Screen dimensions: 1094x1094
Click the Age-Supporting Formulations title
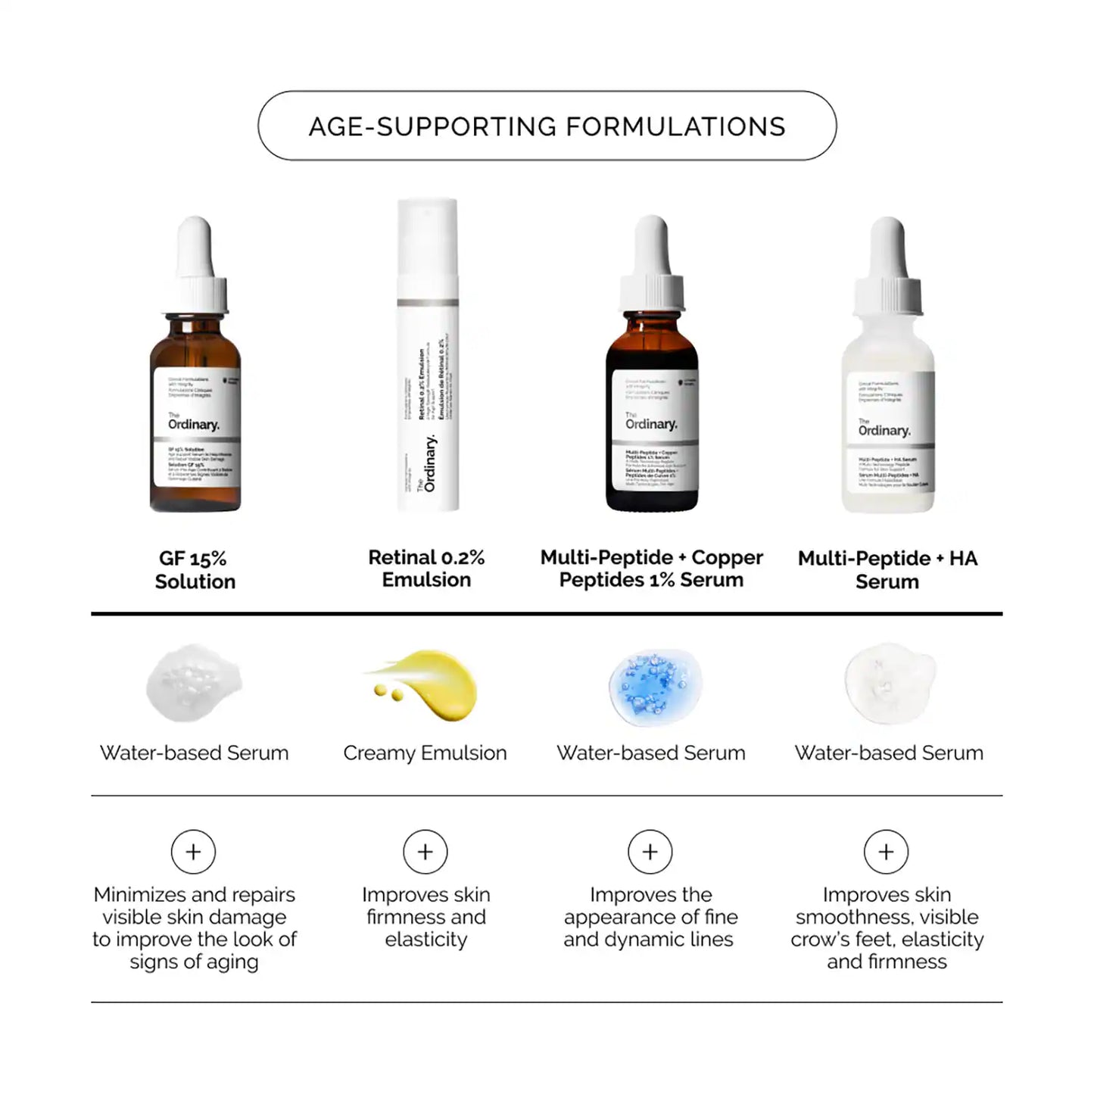coord(547,126)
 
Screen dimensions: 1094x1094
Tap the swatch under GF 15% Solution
coord(194,683)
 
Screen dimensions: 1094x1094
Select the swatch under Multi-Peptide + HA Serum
coord(889,683)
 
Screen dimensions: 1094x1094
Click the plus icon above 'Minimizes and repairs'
coord(194,852)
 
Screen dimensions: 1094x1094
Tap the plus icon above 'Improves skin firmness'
coord(425,852)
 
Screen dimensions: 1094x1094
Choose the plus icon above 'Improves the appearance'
coord(650,852)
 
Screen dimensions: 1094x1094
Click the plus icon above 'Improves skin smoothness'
coord(887,852)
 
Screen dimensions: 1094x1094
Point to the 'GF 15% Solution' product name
coord(195,570)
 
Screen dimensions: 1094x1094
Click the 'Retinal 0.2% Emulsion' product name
coord(426,569)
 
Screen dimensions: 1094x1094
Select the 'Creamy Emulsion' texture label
coord(425,753)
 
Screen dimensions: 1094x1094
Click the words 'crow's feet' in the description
coord(843,940)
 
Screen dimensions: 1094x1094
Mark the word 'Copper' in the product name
coord(727,558)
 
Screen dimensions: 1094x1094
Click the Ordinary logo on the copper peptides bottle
coord(651,423)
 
